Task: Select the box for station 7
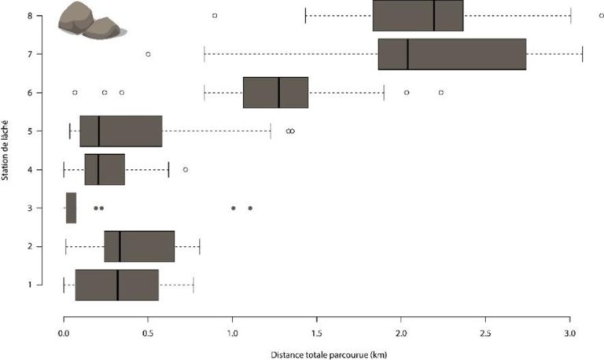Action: [x=451, y=54]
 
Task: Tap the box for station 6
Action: [x=275, y=92]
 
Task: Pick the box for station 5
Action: [x=120, y=130]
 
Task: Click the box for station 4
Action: [x=105, y=169]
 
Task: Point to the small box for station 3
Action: [x=71, y=208]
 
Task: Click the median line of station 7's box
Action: [x=407, y=54]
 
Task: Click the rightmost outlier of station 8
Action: [x=601, y=15]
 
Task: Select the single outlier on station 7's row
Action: [x=148, y=54]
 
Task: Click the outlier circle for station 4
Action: [x=186, y=169]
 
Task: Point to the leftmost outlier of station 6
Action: [x=75, y=93]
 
